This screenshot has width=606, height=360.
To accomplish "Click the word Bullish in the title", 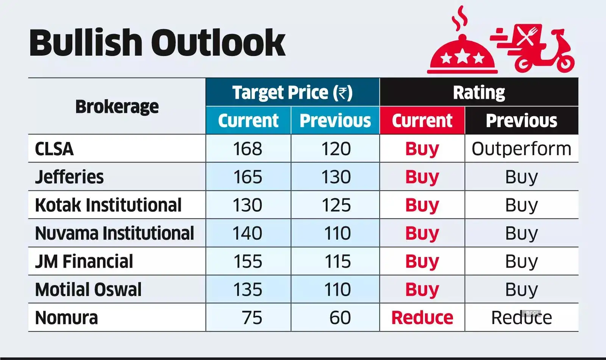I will point(86,43).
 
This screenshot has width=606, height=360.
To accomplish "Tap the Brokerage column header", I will point(117,107).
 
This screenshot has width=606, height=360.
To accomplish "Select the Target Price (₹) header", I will point(292,93).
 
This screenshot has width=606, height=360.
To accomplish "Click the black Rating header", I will point(479,93).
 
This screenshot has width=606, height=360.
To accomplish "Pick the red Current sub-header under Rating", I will point(422,121).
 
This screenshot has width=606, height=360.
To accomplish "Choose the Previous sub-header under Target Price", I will point(335,121).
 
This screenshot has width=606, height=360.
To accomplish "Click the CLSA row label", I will point(54,149).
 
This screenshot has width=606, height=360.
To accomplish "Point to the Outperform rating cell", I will point(521,149).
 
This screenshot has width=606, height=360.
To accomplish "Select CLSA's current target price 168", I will point(247,149).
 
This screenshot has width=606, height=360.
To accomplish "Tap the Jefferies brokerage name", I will point(69,177).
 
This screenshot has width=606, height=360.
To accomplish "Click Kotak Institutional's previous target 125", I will point(336,205).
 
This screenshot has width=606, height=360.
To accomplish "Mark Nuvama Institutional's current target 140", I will point(247,233).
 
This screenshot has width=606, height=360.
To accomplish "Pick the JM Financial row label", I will point(84,262).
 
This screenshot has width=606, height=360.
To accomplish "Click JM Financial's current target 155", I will point(248,262).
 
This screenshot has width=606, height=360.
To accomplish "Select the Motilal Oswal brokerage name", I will point(88,290).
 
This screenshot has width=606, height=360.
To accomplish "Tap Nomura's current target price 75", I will point(252,318).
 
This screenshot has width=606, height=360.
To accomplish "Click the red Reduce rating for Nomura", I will point(422,318).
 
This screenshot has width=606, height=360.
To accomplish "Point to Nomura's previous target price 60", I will point(340,318).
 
